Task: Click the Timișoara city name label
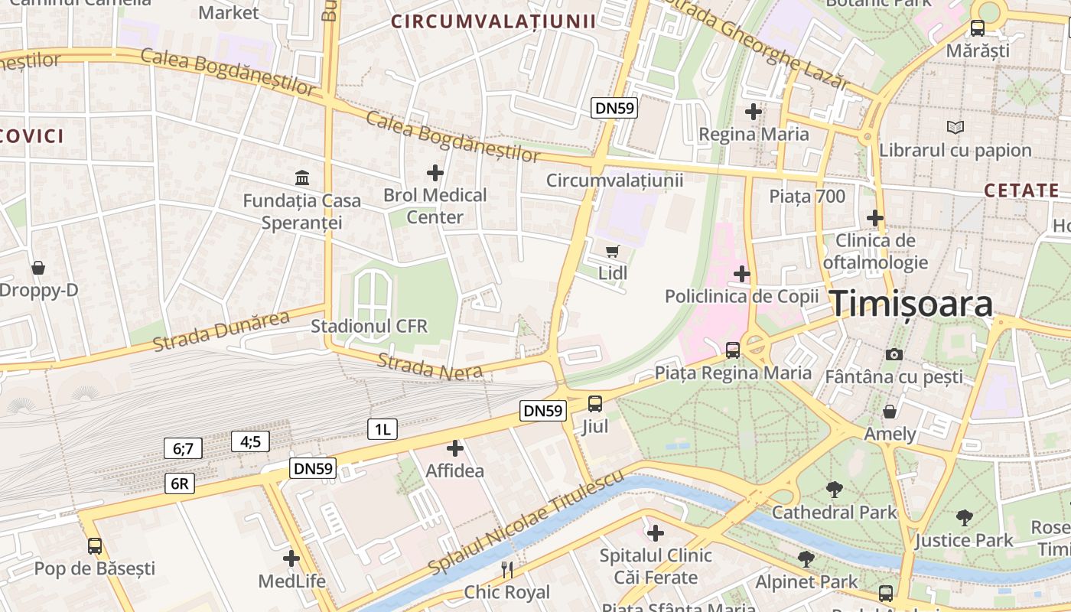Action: [x=911, y=304]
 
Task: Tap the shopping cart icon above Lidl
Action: [x=612, y=251]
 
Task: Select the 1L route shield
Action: [x=382, y=429]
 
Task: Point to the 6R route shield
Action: [x=179, y=483]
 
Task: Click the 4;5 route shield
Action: [x=250, y=441]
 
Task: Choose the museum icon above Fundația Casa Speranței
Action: [x=302, y=178]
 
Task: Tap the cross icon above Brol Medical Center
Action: [x=435, y=173]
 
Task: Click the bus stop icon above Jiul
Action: [x=595, y=403]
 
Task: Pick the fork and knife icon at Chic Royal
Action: [x=506, y=569]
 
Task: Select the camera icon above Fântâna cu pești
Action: [x=894, y=354]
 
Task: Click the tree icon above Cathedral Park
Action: [x=834, y=490]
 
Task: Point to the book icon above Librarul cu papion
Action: [x=955, y=127]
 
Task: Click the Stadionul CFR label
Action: [x=369, y=327]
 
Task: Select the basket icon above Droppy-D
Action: [x=38, y=268]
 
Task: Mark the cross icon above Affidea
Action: [x=455, y=448]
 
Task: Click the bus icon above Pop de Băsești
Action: [x=95, y=546]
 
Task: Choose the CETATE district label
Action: [x=1021, y=190]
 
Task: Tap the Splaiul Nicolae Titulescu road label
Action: [x=526, y=524]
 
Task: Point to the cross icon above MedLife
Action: [x=291, y=558]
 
